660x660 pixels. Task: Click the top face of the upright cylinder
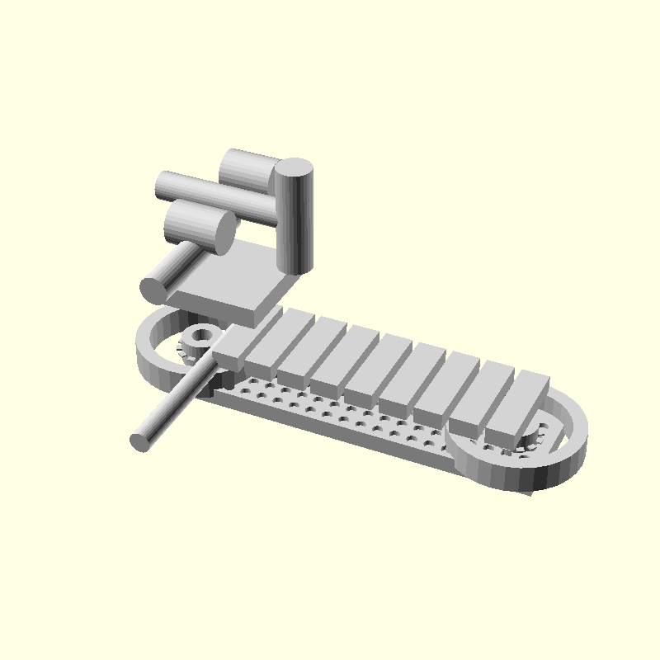coord(294,169)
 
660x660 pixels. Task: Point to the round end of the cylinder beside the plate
coord(153,289)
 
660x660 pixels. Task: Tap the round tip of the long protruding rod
coord(141,441)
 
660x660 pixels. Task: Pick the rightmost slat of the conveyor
coord(520,404)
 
